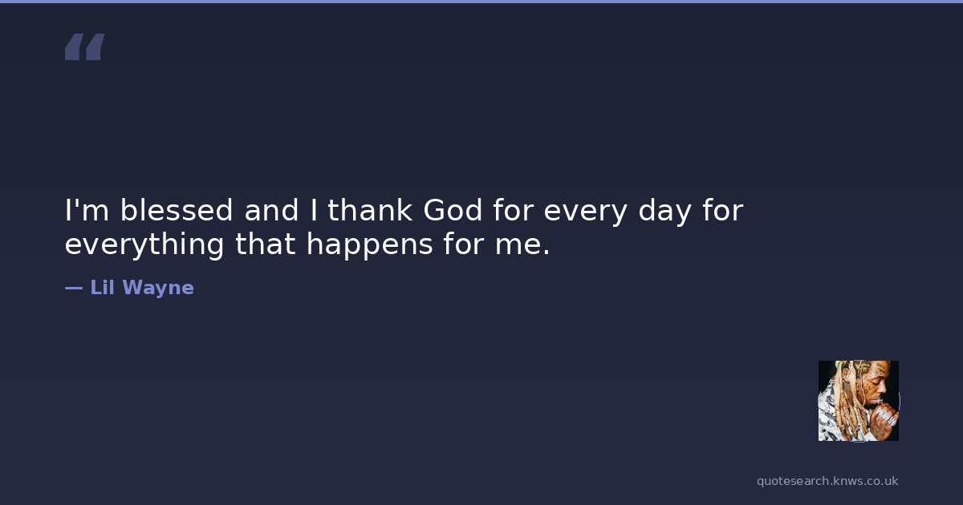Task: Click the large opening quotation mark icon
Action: pos(85,46)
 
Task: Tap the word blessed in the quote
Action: pos(177,210)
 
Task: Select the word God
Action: pos(453,210)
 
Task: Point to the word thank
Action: pos(370,210)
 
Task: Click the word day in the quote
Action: pos(665,212)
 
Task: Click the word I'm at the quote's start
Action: pos(87,210)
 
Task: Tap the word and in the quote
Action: pos(271,210)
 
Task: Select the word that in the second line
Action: pos(266,244)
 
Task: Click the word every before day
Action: pos(585,212)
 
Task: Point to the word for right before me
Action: pos(464,244)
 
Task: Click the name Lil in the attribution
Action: pos(103,287)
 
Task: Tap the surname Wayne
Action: pos(158,289)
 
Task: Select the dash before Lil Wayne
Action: pos(74,288)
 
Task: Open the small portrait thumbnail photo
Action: pos(859,401)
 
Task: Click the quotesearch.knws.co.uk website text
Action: pos(827,481)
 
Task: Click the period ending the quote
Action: pos(547,252)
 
